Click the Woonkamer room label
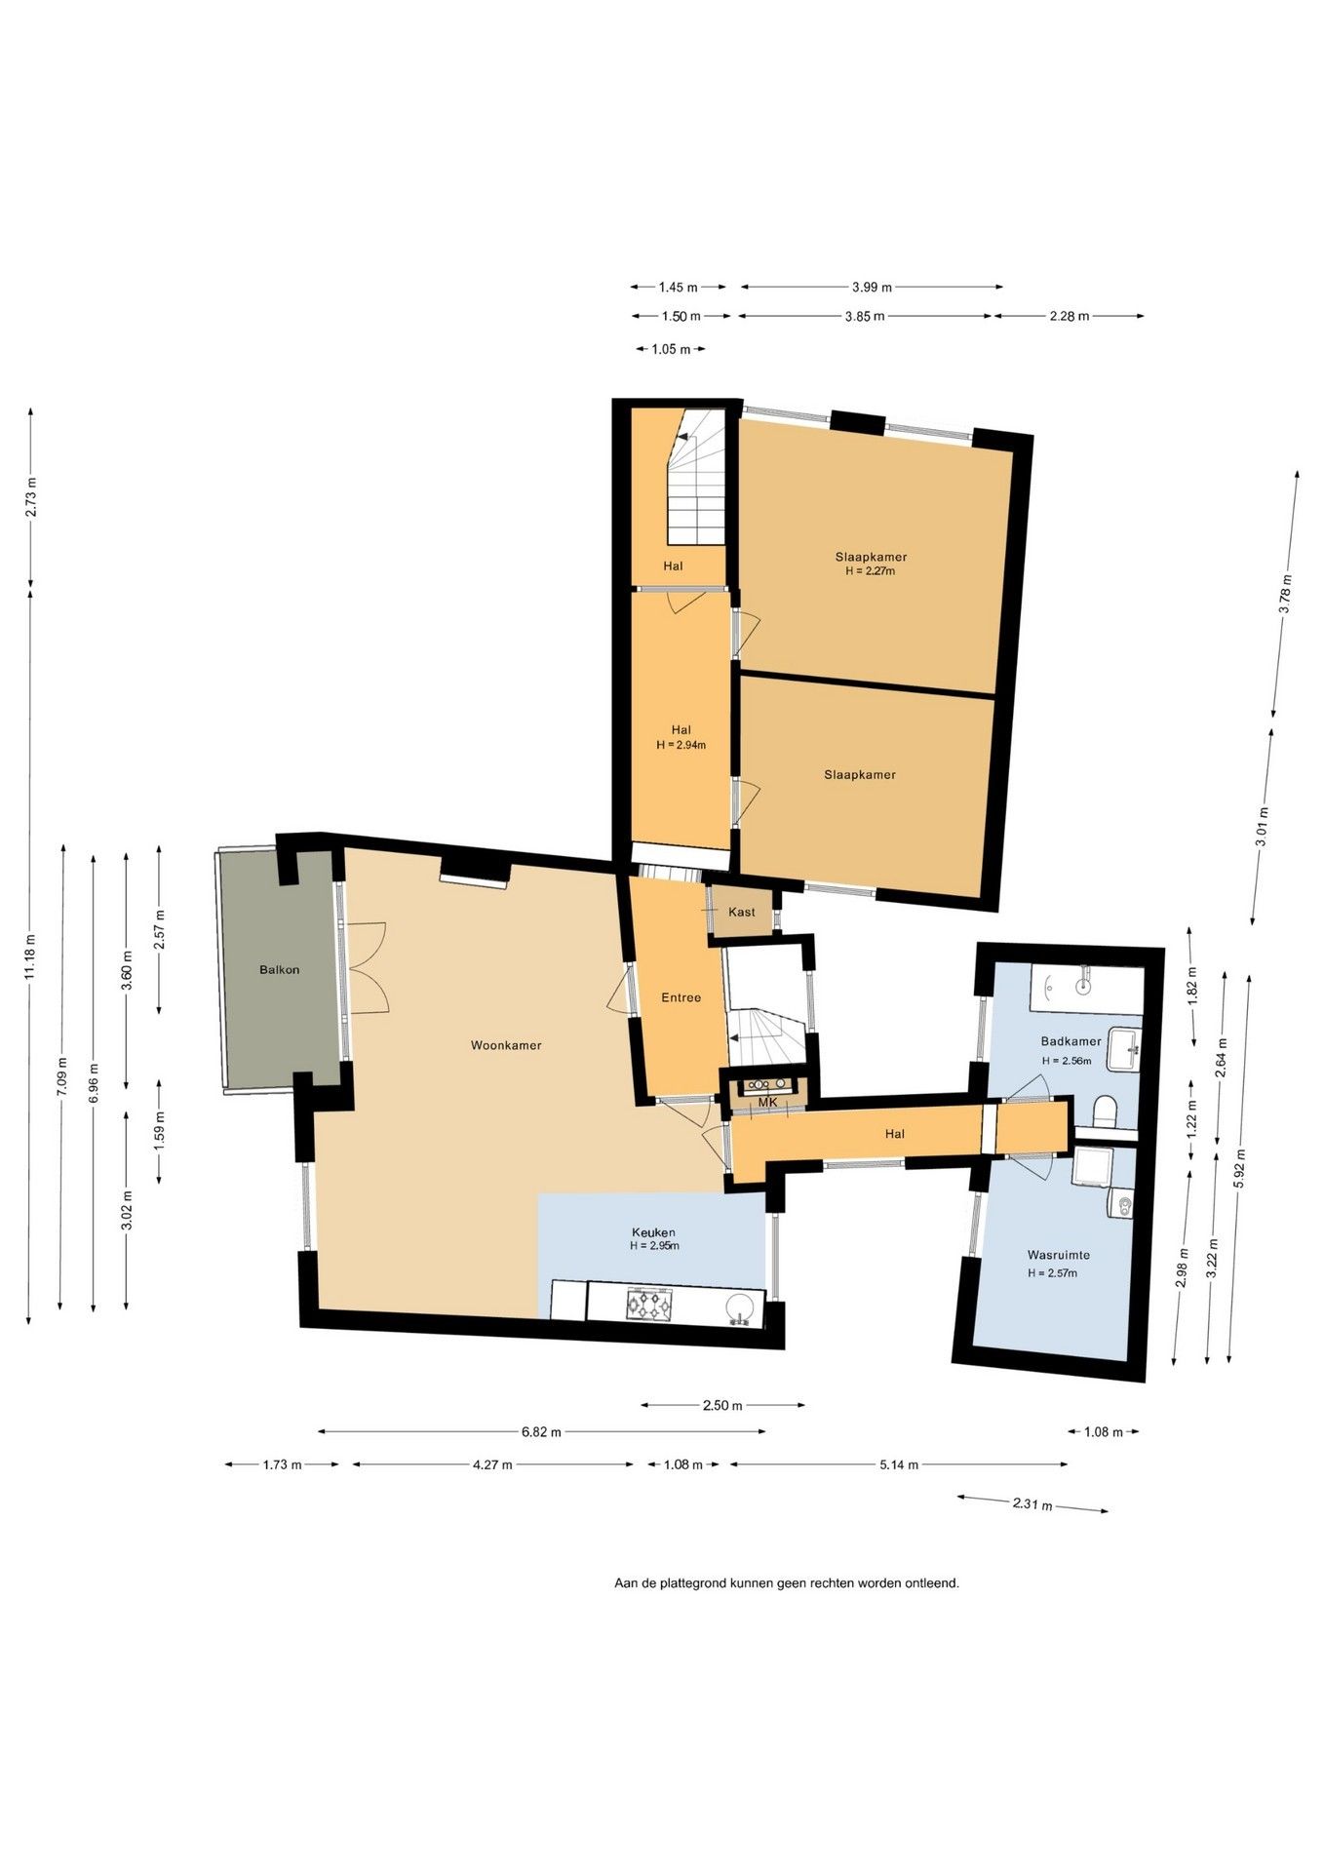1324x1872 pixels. click(x=506, y=1045)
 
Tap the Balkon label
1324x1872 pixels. click(x=280, y=969)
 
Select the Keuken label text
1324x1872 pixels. click(x=653, y=1231)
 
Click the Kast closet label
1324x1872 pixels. click(x=742, y=912)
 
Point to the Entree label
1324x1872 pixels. click(x=681, y=997)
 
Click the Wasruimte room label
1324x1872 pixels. click(x=1059, y=1255)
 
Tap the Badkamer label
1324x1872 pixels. click(x=1071, y=1040)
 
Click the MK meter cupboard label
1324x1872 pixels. click(x=768, y=1102)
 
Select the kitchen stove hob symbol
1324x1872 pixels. click(x=649, y=1304)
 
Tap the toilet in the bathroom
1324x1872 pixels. click(x=1106, y=1111)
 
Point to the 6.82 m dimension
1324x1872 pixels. click(x=541, y=1432)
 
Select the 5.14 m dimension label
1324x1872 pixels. click(x=899, y=1464)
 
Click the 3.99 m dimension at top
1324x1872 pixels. click(x=872, y=288)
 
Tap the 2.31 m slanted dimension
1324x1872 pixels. click(x=1032, y=1504)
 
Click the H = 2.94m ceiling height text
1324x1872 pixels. click(x=681, y=745)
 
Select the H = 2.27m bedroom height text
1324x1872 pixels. click(x=871, y=571)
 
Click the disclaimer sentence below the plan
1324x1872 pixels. click(x=787, y=1583)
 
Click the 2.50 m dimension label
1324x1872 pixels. click(x=722, y=1406)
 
